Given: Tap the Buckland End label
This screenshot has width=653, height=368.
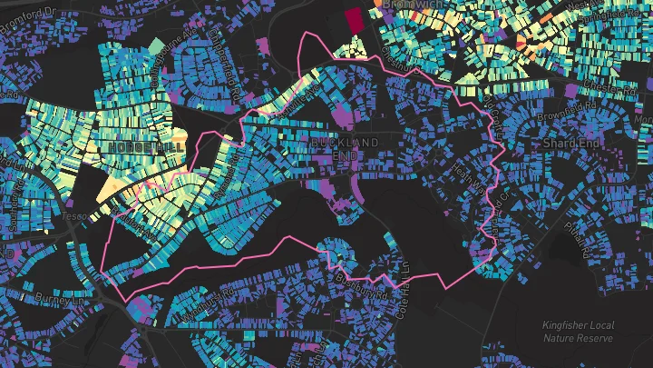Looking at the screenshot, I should point(345,149).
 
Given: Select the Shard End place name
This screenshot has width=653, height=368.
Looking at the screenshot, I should point(570,144).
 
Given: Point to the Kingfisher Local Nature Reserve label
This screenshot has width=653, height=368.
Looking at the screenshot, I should point(578,332).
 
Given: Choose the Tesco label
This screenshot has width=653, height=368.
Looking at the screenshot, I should point(73,217).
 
